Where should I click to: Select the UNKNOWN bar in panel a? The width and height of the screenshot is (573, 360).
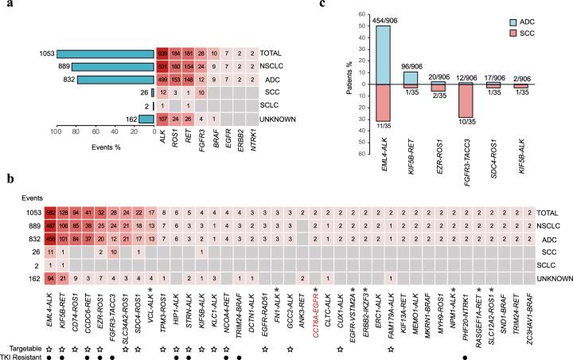pyautogui.click(x=146, y=119)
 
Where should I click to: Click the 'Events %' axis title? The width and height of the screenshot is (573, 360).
pyautogui.click(x=104, y=151)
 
